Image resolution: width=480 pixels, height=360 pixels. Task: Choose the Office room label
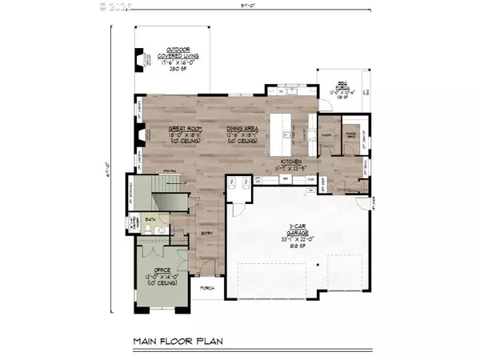point(162,272)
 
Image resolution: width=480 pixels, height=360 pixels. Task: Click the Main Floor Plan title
point(178,342)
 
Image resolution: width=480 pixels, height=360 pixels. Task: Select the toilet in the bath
point(162,230)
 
